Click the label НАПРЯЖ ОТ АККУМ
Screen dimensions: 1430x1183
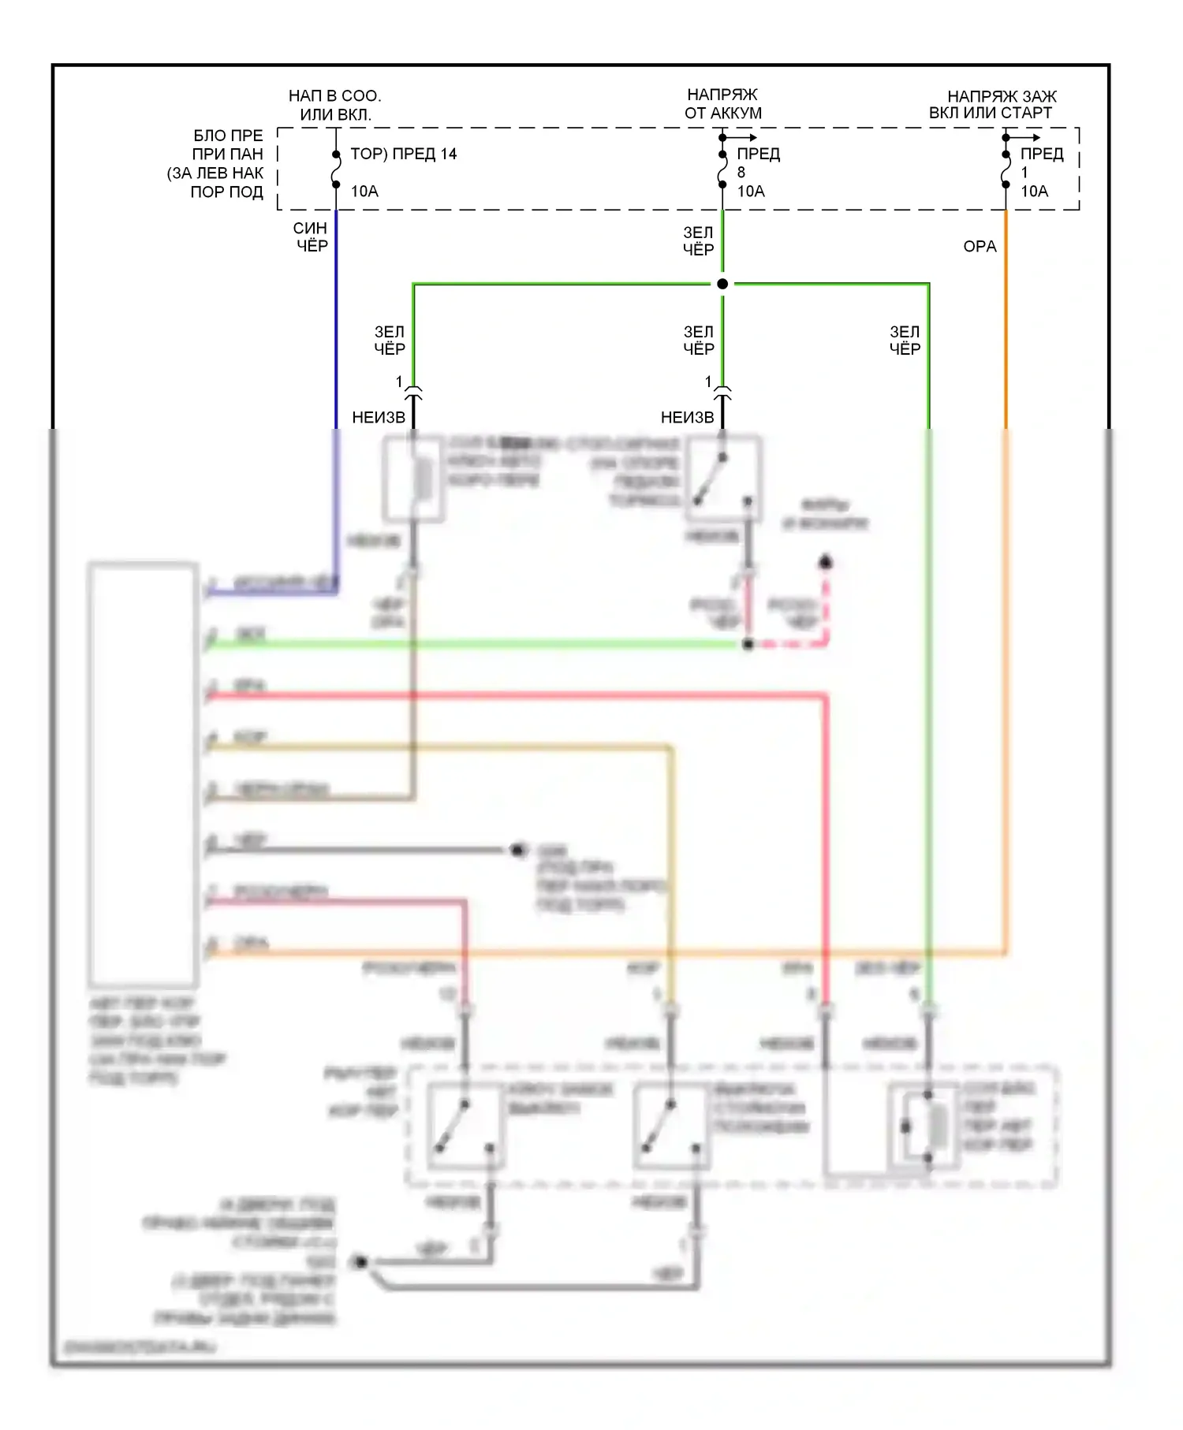pos(722,104)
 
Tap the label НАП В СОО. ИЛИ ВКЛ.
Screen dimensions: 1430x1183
pos(334,105)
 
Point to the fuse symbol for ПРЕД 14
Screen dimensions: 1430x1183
pos(336,169)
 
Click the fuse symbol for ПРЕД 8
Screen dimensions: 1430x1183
pos(722,169)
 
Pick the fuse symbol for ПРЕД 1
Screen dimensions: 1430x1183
pos(1006,169)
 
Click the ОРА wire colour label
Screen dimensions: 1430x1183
pos(980,247)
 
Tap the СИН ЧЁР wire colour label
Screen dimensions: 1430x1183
pos(311,237)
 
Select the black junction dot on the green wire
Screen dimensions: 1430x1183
pos(722,284)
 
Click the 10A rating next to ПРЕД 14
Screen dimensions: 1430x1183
pos(364,192)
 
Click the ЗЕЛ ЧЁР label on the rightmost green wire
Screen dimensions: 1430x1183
pos(905,341)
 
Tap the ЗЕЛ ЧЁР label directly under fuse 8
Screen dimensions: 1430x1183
pos(698,241)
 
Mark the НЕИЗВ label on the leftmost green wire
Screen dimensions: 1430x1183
pos(379,418)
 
